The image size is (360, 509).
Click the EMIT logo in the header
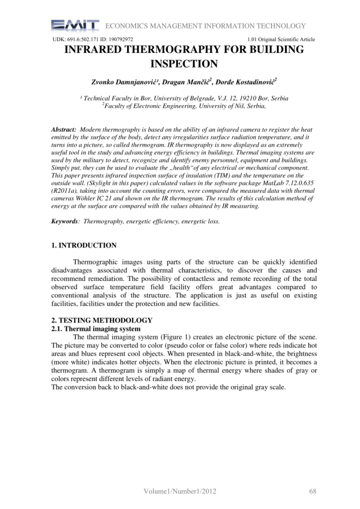tap(75, 26)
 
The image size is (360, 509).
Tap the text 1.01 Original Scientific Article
tap(280, 40)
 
